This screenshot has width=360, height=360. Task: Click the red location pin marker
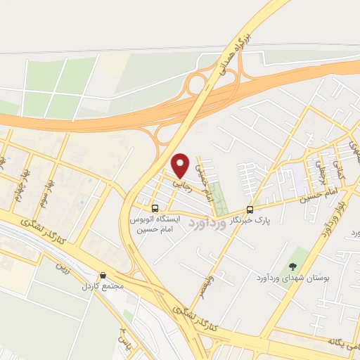(181, 165)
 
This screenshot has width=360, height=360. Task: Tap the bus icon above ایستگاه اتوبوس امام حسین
(155, 208)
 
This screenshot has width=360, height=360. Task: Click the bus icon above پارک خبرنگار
(250, 210)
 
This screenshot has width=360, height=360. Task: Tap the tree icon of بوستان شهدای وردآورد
(293, 266)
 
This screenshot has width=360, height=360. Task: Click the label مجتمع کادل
(103, 287)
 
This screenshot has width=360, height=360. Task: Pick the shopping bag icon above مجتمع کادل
(103, 276)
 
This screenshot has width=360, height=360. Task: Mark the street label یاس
(125, 338)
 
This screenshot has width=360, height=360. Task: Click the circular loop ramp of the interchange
(195, 84)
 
